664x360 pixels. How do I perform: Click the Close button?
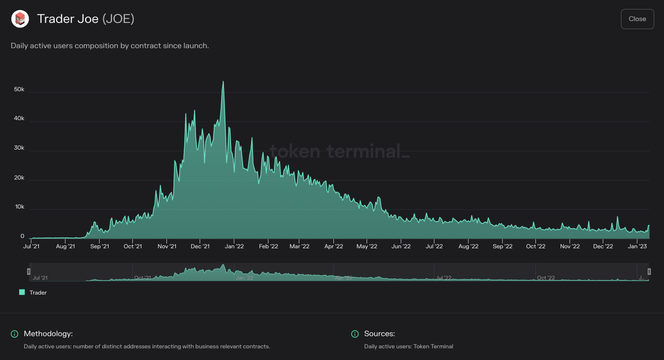coord(637,19)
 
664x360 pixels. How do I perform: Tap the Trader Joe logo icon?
coord(20,19)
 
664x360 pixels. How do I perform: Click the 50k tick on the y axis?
coord(19,89)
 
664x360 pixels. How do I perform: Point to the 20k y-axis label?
coord(19,177)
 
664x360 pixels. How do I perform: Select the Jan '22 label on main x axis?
coord(234,246)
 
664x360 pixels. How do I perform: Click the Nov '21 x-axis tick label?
coord(167,246)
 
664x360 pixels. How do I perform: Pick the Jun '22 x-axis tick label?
coord(401,246)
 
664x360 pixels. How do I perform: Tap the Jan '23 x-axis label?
coord(637,246)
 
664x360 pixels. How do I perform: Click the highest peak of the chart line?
coord(223,82)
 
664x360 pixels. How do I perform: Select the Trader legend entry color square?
coord(22,292)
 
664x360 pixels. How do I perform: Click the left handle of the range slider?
coord(29,272)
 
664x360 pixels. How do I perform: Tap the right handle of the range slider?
coord(649,272)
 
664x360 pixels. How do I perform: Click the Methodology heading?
coord(48,334)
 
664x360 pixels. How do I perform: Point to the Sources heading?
coord(380,334)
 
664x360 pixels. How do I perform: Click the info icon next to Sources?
coord(355,334)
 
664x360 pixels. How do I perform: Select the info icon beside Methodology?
coord(14,334)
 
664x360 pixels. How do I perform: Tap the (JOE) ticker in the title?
coord(118,19)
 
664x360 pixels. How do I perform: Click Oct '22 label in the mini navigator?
coord(546,278)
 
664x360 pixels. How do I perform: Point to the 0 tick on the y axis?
coord(22,236)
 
